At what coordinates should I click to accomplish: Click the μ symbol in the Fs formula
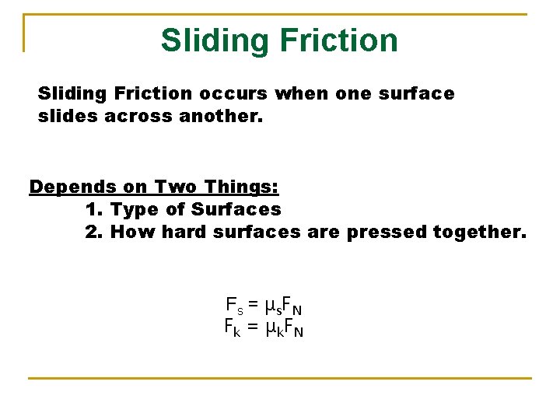click(x=270, y=305)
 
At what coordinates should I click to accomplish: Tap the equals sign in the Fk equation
click(x=253, y=327)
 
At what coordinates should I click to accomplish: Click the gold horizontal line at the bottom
click(x=280, y=379)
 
